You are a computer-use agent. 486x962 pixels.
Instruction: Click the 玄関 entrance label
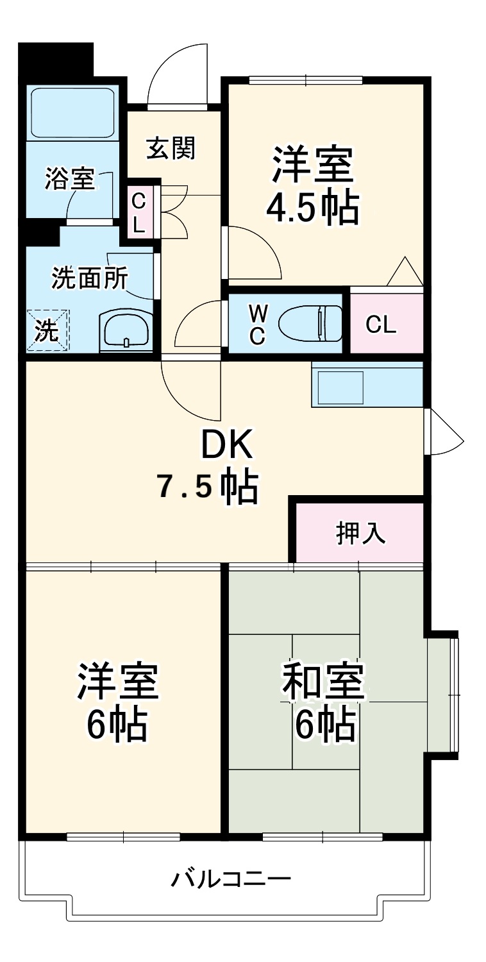point(171,149)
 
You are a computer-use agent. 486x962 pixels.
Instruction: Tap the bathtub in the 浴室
point(72,113)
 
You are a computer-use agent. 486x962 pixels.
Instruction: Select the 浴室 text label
point(70,180)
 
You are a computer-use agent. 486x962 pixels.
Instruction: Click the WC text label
point(257,324)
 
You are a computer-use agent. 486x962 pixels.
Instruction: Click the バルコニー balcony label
point(231,877)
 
